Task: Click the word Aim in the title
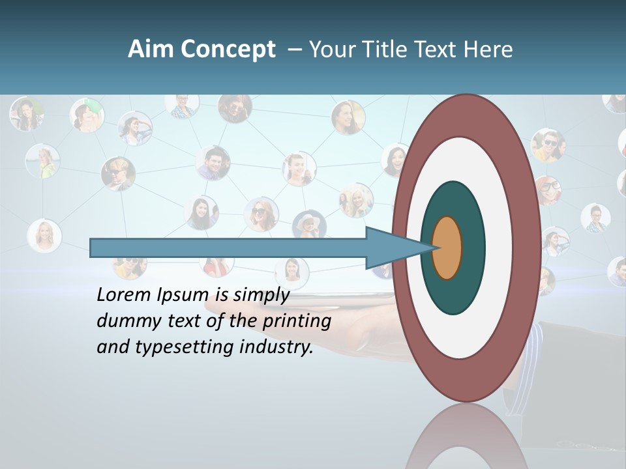point(150,50)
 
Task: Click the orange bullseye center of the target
point(447,248)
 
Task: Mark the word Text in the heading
point(436,50)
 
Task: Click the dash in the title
point(294,50)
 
